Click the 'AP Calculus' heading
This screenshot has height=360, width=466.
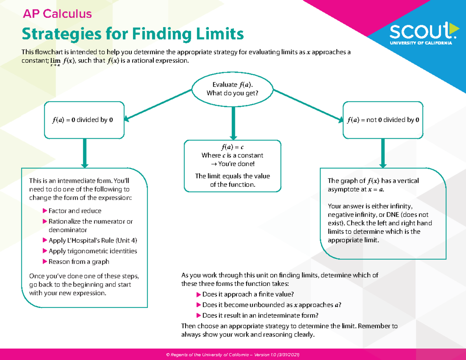(57, 14)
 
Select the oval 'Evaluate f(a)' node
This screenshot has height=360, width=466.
(232, 89)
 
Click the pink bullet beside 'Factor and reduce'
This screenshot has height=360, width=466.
(44, 211)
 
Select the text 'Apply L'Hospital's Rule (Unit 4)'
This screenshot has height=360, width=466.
(92, 240)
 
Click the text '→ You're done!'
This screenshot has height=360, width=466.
(232, 163)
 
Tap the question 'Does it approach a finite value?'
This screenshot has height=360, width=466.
(248, 294)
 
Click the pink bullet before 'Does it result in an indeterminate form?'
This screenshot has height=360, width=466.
(199, 315)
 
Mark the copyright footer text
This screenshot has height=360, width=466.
(232, 355)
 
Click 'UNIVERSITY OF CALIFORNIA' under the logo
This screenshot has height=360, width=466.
(421, 43)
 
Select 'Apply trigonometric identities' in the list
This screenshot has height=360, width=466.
(92, 251)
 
